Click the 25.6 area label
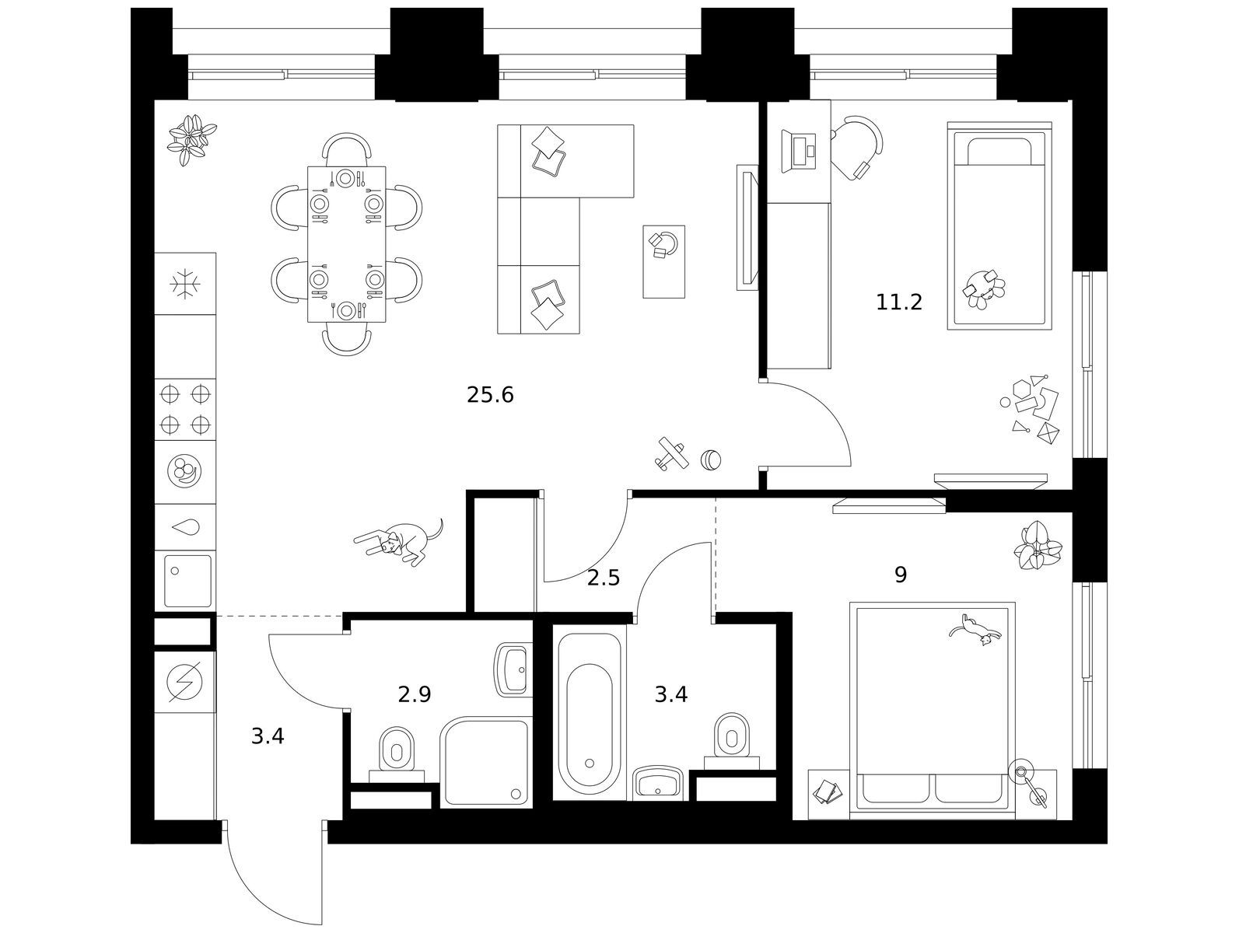point(490,395)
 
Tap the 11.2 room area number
point(898,302)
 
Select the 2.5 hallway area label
point(604,578)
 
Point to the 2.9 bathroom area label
point(415,694)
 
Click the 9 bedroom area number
point(901,575)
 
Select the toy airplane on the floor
point(672,453)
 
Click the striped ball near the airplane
point(711,460)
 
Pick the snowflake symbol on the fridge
point(185,284)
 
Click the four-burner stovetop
point(185,409)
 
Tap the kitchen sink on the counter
point(187,581)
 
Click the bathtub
point(589,712)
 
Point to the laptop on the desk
point(798,151)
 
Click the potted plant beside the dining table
point(192,141)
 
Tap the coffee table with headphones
point(663,262)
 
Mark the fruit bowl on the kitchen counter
point(184,471)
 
